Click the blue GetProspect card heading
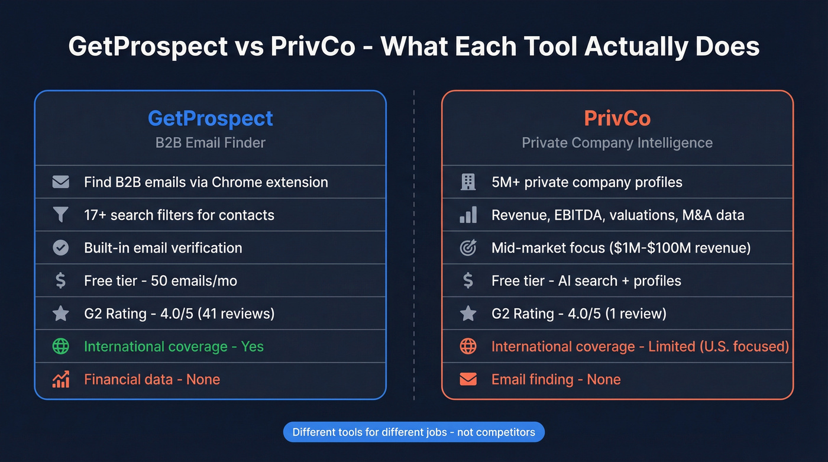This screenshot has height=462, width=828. pyautogui.click(x=210, y=118)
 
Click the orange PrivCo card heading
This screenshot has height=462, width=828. pyautogui.click(x=617, y=118)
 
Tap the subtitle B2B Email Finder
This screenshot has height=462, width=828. pyautogui.click(x=210, y=143)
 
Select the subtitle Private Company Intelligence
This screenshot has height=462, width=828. pyautogui.click(x=617, y=143)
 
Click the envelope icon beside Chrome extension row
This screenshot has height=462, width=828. pyautogui.click(x=60, y=182)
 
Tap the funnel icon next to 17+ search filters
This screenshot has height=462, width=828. pyautogui.click(x=60, y=215)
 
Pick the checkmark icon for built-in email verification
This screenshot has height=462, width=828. pyautogui.click(x=60, y=248)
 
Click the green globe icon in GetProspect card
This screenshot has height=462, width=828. pyautogui.click(x=60, y=347)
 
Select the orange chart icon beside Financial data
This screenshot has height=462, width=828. pyautogui.click(x=60, y=379)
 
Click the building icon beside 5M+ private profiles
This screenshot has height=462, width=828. pyautogui.click(x=468, y=182)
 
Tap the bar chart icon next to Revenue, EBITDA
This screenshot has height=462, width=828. pyautogui.click(x=468, y=215)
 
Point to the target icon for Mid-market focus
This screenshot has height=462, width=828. pyautogui.click(x=468, y=248)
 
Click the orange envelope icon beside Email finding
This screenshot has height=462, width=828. pyautogui.click(x=468, y=379)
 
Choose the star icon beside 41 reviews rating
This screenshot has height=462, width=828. pyautogui.click(x=60, y=314)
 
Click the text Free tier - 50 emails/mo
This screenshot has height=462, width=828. pyautogui.click(x=160, y=281)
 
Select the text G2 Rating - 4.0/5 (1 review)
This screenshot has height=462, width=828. pyautogui.click(x=578, y=314)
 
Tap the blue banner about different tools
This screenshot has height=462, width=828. pyautogui.click(x=413, y=432)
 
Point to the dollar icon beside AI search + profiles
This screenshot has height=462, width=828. pyautogui.click(x=468, y=281)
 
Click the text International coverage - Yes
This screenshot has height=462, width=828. pyautogui.click(x=173, y=347)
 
